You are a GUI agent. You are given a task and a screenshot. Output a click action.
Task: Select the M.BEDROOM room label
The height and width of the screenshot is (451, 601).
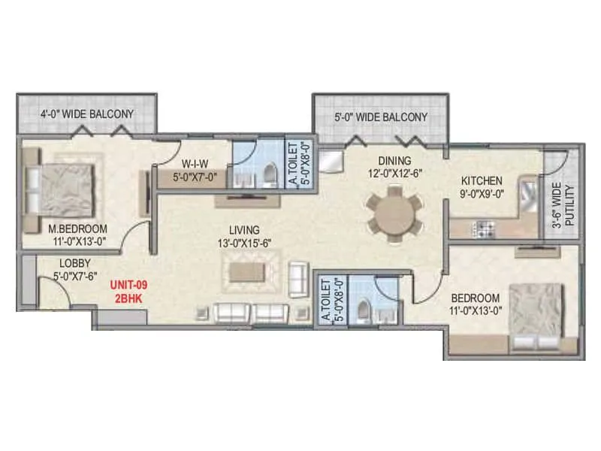(77, 229)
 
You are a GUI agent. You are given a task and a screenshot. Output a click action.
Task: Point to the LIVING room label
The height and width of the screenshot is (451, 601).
(245, 229)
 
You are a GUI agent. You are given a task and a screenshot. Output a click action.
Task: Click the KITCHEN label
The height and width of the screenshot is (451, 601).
(481, 181)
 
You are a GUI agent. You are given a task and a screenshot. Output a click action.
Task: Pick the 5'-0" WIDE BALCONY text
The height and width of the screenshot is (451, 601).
(380, 117)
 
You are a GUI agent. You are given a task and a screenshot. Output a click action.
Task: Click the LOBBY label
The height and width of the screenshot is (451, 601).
(75, 264)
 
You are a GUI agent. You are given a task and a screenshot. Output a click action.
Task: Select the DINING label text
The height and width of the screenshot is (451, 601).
(394, 160)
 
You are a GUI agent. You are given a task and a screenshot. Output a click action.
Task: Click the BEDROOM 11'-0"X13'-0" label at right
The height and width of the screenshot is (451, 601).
(476, 303)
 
